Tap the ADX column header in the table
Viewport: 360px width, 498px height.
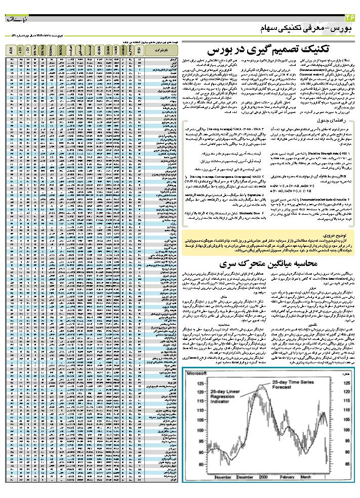coord(11,51)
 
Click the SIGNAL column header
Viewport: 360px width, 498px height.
coord(52,51)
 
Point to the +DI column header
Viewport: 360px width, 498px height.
coord(19,51)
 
